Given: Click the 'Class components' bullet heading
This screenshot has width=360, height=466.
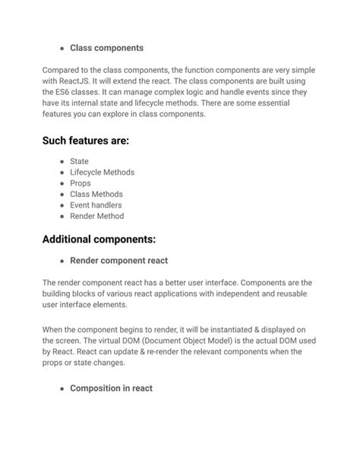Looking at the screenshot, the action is pos(106,48).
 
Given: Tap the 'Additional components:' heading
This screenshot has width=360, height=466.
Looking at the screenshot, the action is pos(99,239).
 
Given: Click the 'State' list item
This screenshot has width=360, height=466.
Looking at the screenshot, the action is pos(79,161).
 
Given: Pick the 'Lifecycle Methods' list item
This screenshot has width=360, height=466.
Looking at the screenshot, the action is pos(102,173).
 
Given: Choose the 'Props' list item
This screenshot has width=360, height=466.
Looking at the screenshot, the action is pos(80,183).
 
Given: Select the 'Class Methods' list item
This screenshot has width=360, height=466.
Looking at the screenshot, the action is pos(96,194).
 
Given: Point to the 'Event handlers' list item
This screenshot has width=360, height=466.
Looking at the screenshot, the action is pos(96,205).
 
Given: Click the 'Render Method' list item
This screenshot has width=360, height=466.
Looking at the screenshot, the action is pos(96,216).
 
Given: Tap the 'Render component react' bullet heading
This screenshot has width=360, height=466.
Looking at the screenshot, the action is pos(118,261).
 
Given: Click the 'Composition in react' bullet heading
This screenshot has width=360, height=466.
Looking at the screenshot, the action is pos(111,388).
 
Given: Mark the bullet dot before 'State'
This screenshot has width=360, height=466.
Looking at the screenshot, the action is pos(62,162).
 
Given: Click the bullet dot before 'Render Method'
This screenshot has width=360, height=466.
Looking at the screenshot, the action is pos(62,217).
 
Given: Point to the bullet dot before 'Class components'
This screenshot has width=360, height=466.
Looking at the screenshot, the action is pos(62,49).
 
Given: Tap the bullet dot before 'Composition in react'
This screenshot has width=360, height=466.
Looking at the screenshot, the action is pos(62,389).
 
